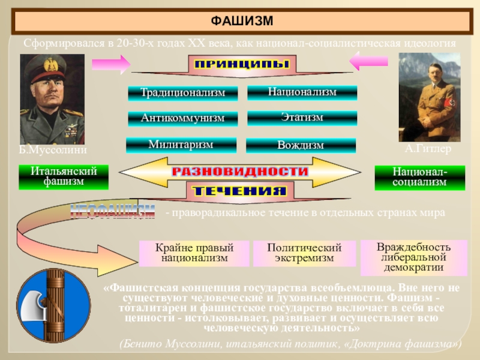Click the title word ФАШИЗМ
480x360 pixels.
pyautogui.click(x=242, y=22)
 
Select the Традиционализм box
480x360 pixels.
pyautogui.click(x=182, y=93)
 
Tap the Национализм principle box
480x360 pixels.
pyautogui.click(x=302, y=92)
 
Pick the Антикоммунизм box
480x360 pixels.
pyautogui.click(x=182, y=118)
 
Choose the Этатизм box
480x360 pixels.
pyautogui.click(x=302, y=118)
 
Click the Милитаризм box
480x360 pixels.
pyautogui.click(x=181, y=145)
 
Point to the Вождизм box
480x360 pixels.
pyautogui.click(x=301, y=145)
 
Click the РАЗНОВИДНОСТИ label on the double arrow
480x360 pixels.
pyautogui.click(x=240, y=172)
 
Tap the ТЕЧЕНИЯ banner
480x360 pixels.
pyautogui.click(x=239, y=191)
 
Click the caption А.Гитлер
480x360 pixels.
pyautogui.click(x=427, y=149)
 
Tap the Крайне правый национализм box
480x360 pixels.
pyautogui.click(x=194, y=253)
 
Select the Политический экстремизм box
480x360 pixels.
pyautogui.click(x=304, y=253)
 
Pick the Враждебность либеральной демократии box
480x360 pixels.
pyautogui.click(x=413, y=257)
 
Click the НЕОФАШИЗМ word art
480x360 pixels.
pyautogui.click(x=113, y=212)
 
